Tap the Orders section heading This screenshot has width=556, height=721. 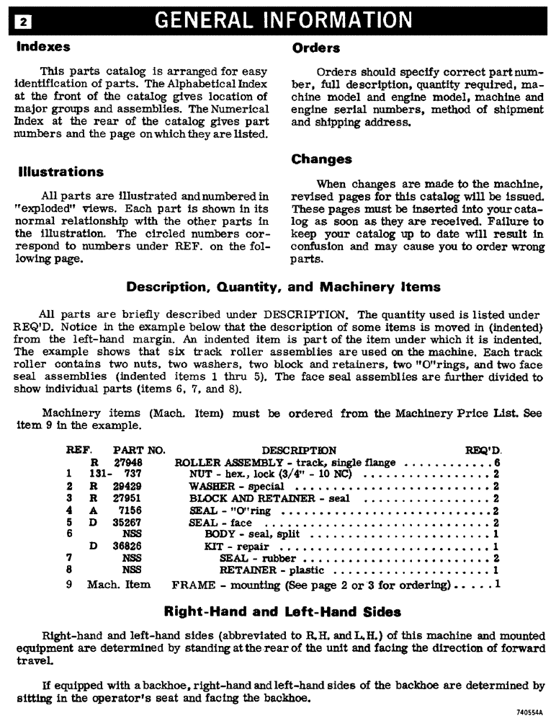316,48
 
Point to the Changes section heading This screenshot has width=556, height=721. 322,159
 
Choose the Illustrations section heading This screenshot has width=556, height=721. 60,172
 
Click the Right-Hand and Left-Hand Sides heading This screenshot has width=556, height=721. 283,612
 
